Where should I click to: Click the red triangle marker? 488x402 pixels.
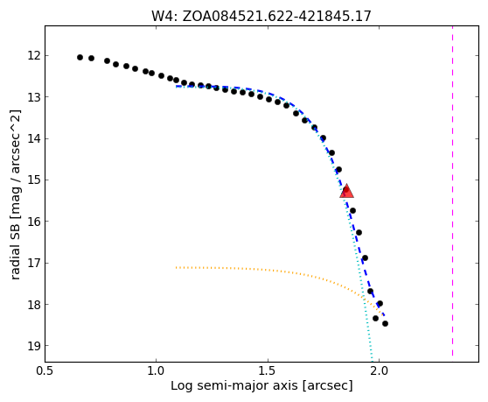346,191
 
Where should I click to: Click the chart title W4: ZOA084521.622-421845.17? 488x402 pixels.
261,16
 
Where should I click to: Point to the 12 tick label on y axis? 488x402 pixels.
34,55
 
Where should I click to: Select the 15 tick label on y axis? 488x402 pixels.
34,180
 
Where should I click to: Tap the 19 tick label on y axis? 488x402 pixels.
34,346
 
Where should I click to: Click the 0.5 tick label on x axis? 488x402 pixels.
45,371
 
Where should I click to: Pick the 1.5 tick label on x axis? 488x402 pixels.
268,371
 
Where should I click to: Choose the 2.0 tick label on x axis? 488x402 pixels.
379,371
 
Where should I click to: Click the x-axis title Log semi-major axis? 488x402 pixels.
234,385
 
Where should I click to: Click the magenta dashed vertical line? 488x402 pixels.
452,191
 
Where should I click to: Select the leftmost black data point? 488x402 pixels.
80,57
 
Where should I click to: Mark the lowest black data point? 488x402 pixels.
385,323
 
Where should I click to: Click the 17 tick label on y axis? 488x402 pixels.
34,263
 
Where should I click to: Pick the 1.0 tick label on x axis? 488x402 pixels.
156,371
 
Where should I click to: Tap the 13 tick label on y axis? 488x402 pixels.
34,97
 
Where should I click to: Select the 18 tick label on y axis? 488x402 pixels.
34,304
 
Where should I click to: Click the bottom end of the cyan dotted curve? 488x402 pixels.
372,361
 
